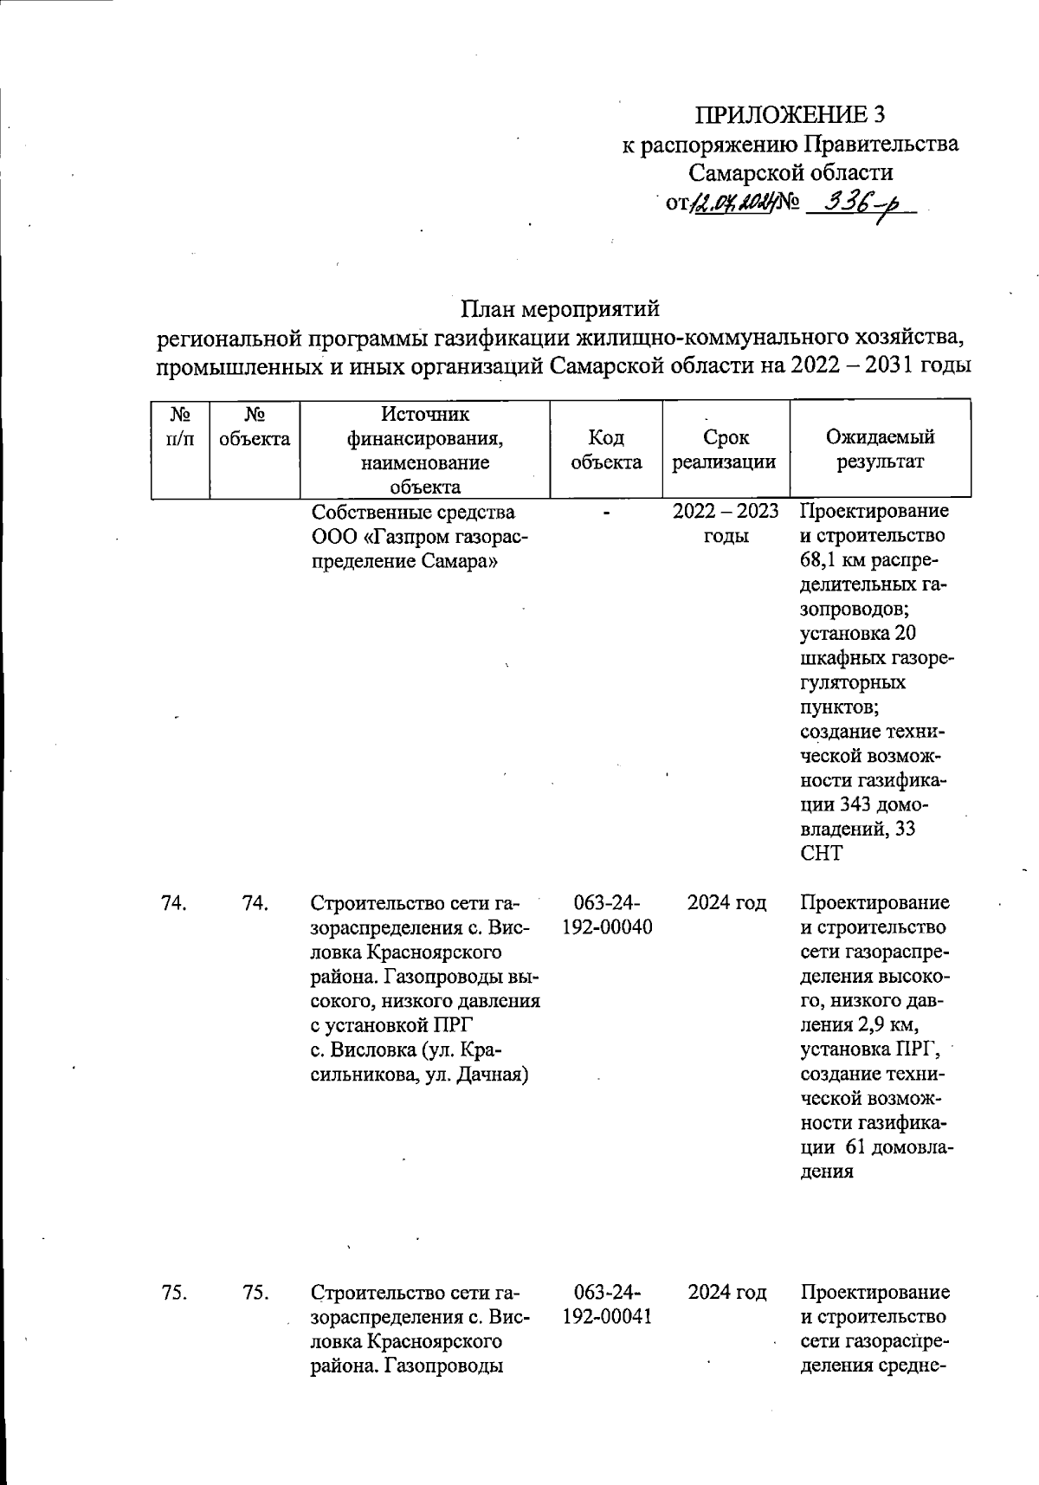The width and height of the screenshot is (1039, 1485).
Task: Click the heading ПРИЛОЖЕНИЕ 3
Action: click(x=791, y=115)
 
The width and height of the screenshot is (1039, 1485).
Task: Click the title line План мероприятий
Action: click(x=559, y=309)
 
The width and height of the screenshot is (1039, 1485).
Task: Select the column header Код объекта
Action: click(x=606, y=450)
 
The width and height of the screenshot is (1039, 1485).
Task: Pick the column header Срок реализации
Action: click(x=726, y=450)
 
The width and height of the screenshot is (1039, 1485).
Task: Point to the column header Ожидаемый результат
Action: click(x=880, y=450)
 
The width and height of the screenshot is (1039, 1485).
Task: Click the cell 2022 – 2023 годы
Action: click(x=726, y=524)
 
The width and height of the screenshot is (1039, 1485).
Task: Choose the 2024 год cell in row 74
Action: click(x=726, y=904)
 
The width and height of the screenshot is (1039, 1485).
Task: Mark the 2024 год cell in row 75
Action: click(x=726, y=1294)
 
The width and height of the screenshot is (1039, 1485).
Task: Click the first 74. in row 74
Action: click(x=174, y=904)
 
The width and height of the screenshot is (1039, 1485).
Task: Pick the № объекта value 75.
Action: click(x=255, y=1294)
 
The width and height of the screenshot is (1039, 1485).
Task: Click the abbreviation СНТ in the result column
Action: click(x=821, y=854)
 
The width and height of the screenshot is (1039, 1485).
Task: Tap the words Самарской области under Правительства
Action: click(x=791, y=173)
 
